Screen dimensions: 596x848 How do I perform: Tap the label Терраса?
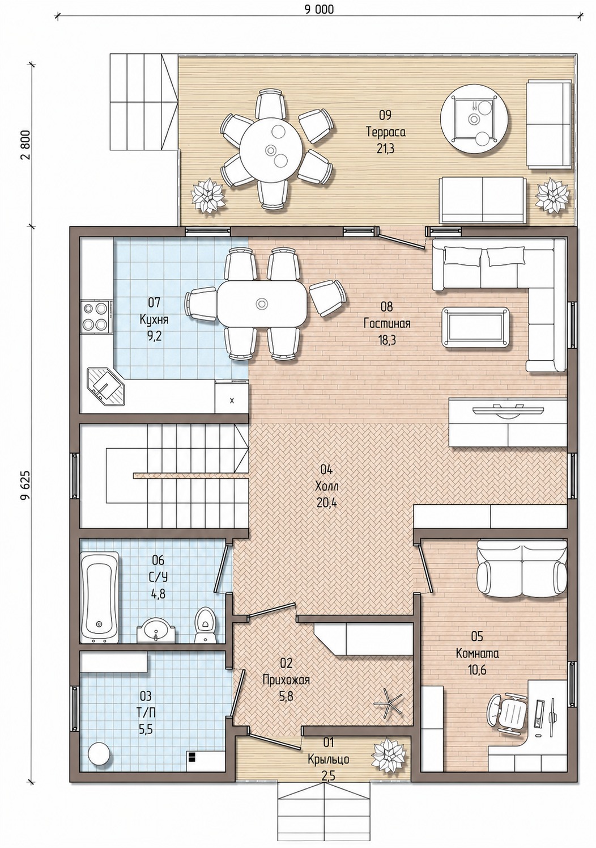pyautogui.click(x=385, y=132)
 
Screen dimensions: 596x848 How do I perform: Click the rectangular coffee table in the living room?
pyautogui.click(x=475, y=326)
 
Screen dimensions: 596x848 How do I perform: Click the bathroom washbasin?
pyautogui.click(x=156, y=630)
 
